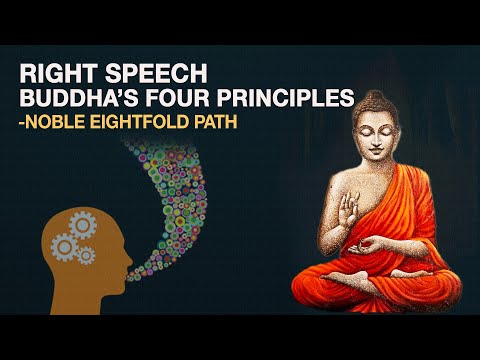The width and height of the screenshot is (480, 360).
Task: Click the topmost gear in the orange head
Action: click(x=81, y=224)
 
